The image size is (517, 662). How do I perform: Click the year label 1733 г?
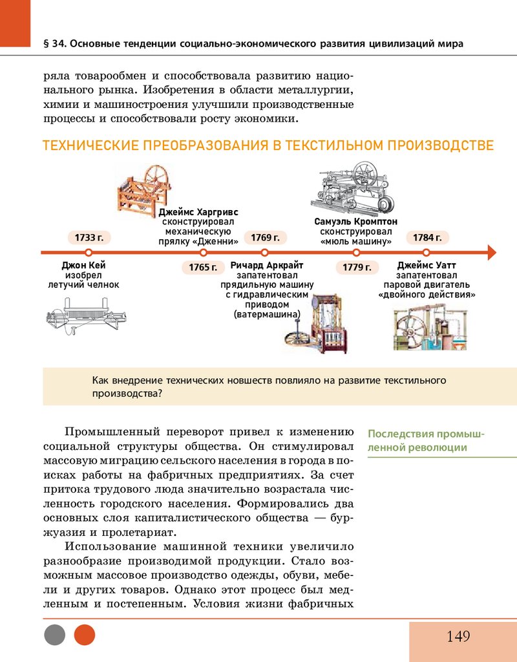click(89, 237)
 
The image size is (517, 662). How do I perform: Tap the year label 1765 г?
click(202, 267)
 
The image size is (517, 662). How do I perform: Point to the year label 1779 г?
click(357, 267)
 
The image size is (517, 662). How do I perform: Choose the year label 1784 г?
click(427, 237)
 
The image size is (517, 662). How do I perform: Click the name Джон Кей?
click(83, 265)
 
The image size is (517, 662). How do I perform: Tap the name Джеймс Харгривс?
click(198, 211)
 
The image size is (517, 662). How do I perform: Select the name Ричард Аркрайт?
click(267, 265)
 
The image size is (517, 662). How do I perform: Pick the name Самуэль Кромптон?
click(356, 222)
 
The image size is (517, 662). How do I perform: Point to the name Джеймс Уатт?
click(427, 265)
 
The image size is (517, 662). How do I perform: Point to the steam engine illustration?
click(428, 326)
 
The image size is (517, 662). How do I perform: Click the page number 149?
click(458, 637)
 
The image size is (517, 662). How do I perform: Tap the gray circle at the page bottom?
click(55, 635)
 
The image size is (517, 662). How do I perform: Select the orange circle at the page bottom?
click(85, 635)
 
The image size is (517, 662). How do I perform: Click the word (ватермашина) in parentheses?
click(267, 315)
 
